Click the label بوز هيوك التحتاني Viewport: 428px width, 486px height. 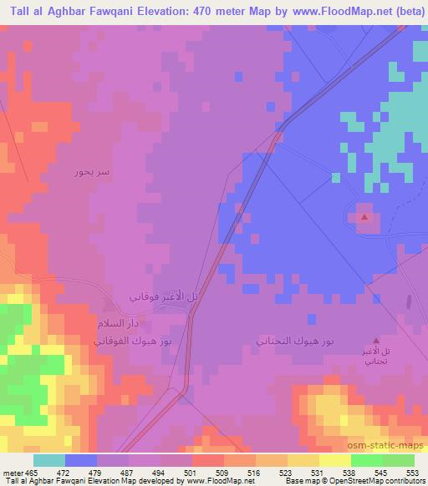click(296, 342)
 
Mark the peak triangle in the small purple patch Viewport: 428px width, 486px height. click(365, 217)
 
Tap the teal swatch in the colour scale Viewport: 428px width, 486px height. click(49, 460)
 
